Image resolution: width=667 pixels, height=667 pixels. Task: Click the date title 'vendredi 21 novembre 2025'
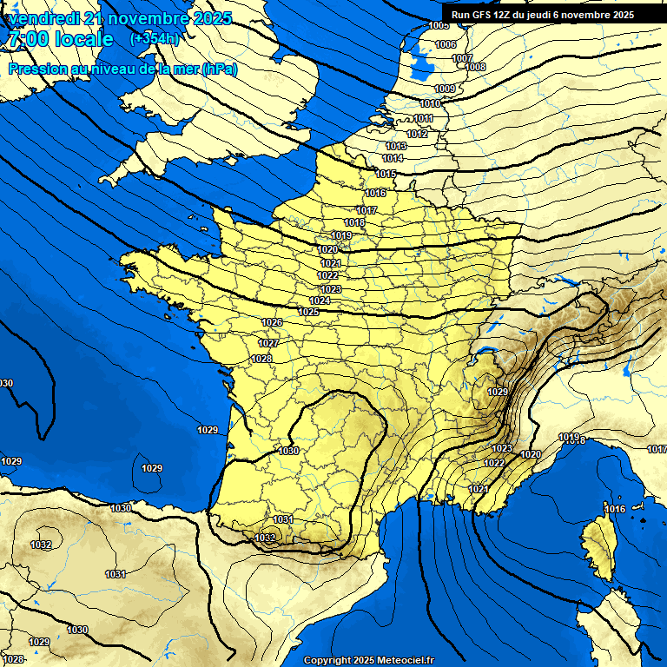[x=118, y=18]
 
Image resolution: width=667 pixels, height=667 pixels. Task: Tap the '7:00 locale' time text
[x=60, y=39]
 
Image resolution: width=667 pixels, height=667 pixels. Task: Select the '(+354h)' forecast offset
[x=155, y=39]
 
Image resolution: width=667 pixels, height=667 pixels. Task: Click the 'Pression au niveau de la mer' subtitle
[x=122, y=69]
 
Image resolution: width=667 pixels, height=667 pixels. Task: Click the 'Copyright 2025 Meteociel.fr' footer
[x=368, y=660]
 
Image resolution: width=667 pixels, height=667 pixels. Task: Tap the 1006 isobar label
[x=445, y=44]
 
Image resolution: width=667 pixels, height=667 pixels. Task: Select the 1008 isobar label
[x=475, y=67]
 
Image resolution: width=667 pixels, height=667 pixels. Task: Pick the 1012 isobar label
[x=417, y=134]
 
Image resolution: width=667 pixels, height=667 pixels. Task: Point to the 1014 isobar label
[x=393, y=158]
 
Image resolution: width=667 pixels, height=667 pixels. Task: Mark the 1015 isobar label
[x=386, y=174]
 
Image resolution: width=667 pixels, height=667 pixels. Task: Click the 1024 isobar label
[x=320, y=300]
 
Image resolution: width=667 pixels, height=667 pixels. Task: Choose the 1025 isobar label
[x=308, y=312]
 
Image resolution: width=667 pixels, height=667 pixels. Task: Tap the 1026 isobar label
[x=272, y=322]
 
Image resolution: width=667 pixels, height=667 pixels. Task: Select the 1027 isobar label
[x=268, y=343]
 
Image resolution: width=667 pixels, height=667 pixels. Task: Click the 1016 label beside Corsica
[x=615, y=509]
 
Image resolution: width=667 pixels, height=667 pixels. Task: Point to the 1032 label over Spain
[x=41, y=545]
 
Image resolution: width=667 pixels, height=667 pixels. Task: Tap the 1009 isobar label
[x=445, y=89]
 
